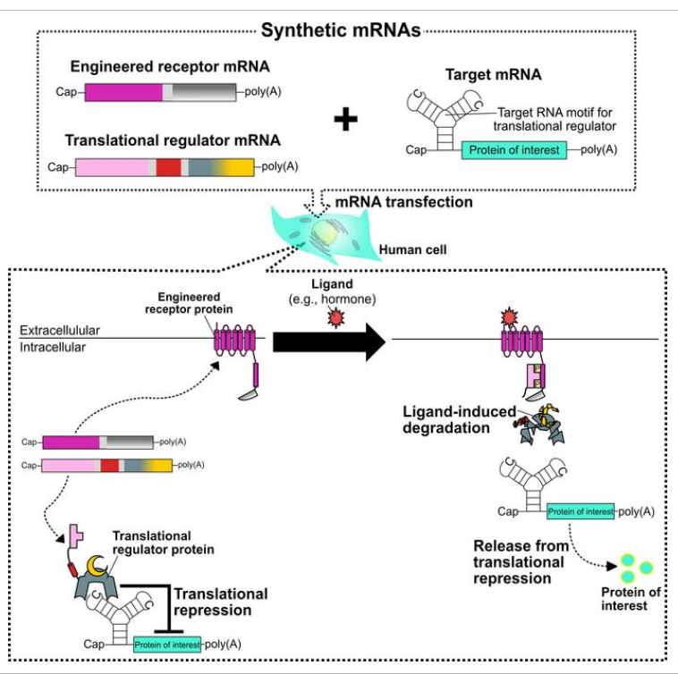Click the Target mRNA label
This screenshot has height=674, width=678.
click(x=493, y=75)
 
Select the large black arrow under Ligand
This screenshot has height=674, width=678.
click(x=327, y=342)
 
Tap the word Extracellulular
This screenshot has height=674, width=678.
click(x=60, y=330)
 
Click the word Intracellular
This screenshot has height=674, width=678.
click(x=55, y=347)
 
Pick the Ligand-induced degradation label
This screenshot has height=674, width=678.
click(x=457, y=419)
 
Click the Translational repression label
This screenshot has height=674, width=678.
click(x=220, y=602)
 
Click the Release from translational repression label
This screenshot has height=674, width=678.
click(x=519, y=561)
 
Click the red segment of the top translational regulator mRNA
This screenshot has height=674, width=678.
click(x=167, y=167)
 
